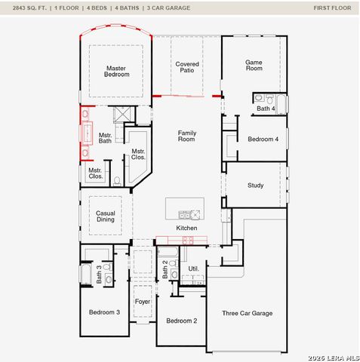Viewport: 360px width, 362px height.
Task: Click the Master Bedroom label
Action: tap(117, 71)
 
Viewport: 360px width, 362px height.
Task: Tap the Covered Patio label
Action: tap(187, 68)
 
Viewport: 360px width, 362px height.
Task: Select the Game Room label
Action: tap(254, 65)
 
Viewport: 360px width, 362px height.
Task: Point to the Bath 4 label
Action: tap(265, 109)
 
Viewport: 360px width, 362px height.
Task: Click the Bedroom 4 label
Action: tap(263, 139)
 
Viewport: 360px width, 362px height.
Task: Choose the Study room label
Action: tap(256, 185)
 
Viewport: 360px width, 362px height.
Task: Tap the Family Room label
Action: tap(186, 136)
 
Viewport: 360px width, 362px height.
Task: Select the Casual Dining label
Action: tap(106, 216)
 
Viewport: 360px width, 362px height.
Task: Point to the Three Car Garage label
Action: tap(247, 313)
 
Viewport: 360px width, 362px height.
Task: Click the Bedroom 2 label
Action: tap(181, 321)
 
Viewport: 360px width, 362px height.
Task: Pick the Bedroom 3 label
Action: tap(104, 312)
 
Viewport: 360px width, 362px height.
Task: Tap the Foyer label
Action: tap(143, 302)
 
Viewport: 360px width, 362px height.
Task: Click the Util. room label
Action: tap(193, 268)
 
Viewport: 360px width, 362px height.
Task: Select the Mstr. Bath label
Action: tap(105, 138)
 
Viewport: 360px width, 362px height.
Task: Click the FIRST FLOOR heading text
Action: tap(332, 8)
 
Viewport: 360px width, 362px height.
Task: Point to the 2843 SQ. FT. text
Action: tap(29, 8)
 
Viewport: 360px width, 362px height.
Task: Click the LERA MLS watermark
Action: tap(333, 357)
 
